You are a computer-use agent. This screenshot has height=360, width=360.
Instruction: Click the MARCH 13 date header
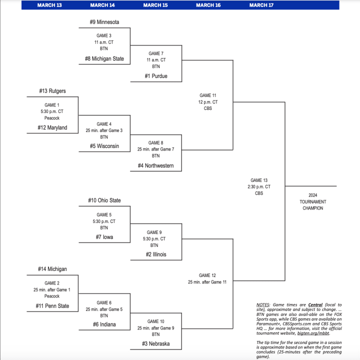(x=49, y=5)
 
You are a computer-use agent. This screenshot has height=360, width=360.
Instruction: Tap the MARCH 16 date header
(x=208, y=5)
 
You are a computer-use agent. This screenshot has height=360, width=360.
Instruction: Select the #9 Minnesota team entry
(x=104, y=22)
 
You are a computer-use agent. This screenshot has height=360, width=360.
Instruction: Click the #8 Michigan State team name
(x=104, y=59)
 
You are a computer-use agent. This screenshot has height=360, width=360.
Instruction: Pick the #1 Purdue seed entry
(x=156, y=76)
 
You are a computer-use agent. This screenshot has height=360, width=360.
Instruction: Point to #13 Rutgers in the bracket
(x=52, y=91)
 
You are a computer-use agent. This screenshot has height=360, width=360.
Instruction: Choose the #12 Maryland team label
(x=52, y=127)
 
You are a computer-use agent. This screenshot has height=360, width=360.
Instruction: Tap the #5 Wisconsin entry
(x=104, y=146)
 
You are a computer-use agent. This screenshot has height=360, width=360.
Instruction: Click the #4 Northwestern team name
(x=156, y=165)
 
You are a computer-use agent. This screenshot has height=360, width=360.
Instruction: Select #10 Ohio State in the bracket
(x=104, y=200)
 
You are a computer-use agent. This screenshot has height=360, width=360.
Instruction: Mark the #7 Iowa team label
(x=104, y=237)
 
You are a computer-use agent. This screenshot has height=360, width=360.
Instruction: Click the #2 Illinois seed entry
(x=156, y=254)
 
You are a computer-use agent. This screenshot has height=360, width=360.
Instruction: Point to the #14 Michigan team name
(x=52, y=269)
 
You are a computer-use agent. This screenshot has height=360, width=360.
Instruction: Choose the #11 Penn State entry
(x=52, y=306)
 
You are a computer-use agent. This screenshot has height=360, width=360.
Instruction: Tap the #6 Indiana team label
(x=104, y=324)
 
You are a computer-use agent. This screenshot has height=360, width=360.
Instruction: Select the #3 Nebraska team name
(x=156, y=343)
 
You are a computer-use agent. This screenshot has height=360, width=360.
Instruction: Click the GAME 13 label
(x=259, y=180)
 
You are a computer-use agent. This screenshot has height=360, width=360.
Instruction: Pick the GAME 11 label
(x=208, y=95)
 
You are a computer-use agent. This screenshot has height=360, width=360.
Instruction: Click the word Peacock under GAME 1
(x=52, y=118)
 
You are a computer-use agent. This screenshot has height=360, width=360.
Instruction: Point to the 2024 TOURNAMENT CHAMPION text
(x=312, y=201)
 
